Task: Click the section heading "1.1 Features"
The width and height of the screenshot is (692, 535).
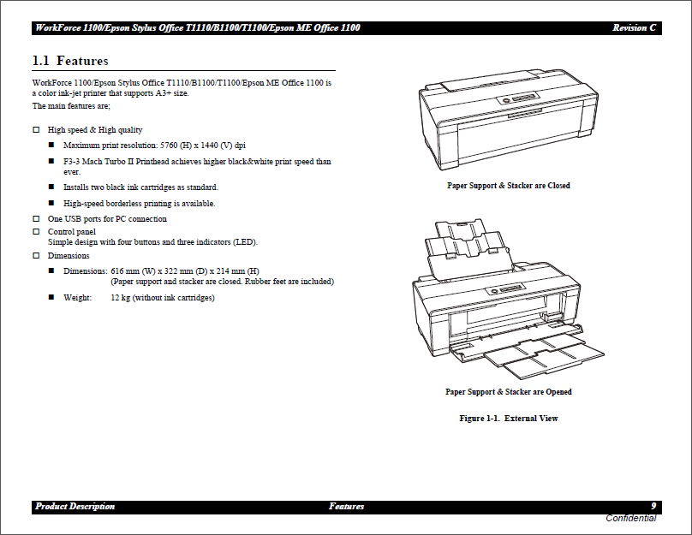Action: (70, 61)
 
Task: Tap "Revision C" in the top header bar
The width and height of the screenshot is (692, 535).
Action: (634, 28)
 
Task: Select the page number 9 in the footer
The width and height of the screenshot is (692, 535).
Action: (653, 506)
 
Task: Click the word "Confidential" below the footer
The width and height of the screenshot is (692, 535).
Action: (630, 518)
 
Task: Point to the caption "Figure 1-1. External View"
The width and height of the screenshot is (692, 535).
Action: (508, 419)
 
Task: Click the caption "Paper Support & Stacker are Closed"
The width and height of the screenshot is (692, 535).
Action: (508, 186)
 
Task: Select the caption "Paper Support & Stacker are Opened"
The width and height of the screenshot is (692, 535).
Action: (508, 392)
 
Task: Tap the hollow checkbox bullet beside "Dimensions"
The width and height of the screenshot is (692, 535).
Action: (36, 256)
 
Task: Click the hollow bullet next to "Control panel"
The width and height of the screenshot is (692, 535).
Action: (36, 232)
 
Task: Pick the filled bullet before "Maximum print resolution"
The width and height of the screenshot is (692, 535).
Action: (51, 146)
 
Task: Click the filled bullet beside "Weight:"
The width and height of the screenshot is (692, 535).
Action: (51, 298)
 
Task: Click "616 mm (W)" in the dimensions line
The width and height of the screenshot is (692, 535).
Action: (134, 270)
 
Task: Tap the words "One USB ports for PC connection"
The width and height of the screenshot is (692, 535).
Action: (107, 219)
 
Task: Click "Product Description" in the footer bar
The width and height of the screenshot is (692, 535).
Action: (75, 507)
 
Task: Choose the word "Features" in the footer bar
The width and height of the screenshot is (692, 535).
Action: (346, 507)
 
